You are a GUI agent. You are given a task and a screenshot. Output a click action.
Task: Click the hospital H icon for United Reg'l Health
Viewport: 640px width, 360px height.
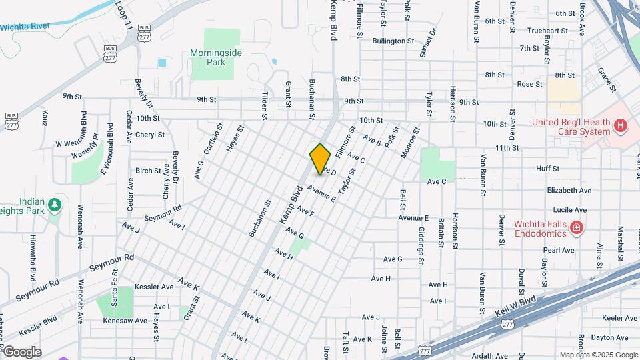tap(621, 125)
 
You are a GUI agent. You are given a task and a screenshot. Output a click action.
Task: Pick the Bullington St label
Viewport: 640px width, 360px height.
tap(393, 41)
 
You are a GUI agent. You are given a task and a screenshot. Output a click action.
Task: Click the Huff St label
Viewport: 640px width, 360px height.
tap(547, 169)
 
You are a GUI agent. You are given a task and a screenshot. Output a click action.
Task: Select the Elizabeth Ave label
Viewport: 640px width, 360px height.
tap(569, 190)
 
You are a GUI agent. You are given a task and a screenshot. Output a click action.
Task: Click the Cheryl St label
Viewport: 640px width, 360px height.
tap(149, 134)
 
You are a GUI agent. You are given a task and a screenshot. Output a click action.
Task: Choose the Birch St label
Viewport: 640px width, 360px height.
tap(145, 171)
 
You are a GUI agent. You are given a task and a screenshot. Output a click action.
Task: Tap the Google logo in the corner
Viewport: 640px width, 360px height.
tap(22, 352)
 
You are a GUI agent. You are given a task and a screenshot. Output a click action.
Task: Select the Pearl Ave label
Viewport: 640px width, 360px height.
tap(559, 251)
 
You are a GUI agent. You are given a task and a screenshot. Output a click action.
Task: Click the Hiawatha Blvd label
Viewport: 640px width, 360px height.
tap(32, 257)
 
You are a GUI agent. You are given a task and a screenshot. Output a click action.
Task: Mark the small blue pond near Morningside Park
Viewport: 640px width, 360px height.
tap(162, 63)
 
